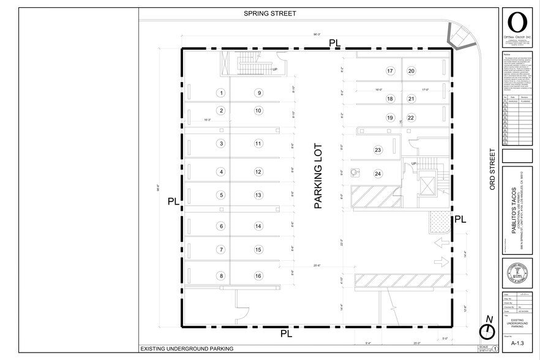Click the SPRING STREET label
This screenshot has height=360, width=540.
point(270,13)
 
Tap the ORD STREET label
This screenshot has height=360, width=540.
point(492,168)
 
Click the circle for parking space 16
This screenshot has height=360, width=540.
point(258,276)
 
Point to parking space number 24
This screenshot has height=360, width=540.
point(378,173)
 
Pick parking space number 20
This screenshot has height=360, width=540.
point(411,71)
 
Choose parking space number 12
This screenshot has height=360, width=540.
point(258,172)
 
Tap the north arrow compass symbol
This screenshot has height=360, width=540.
point(487,330)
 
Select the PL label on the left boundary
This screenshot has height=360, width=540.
point(173,201)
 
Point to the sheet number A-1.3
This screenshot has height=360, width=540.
point(516,344)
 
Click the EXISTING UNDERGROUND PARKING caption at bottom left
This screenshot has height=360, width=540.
point(187,349)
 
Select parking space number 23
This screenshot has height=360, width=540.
point(378,150)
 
